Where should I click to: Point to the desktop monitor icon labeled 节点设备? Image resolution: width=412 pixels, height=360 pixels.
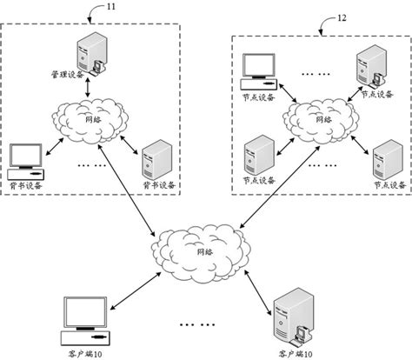point(256,70)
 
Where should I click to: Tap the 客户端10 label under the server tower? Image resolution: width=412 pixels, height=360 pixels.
point(290,352)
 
